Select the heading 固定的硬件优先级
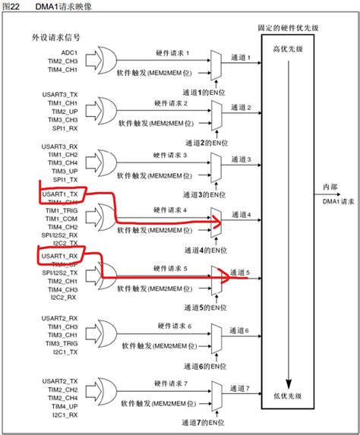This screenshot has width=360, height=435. click(x=289, y=27)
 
